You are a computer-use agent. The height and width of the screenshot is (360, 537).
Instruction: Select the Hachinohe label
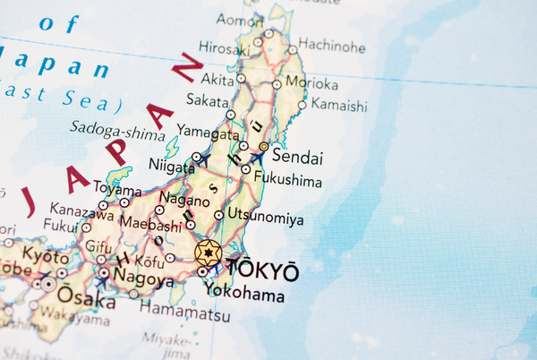pos(332,43)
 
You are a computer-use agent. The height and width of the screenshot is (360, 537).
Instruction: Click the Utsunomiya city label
pos(266,219)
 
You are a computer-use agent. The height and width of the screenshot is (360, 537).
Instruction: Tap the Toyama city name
pos(118,191)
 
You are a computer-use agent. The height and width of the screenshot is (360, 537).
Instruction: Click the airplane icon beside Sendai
pos(257,159)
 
